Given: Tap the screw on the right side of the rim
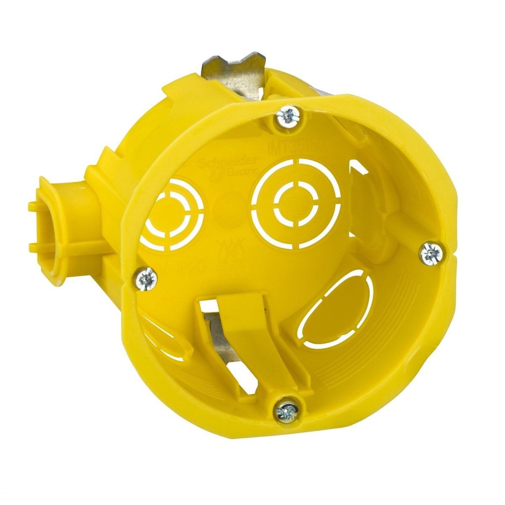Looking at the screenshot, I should point(431,253).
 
